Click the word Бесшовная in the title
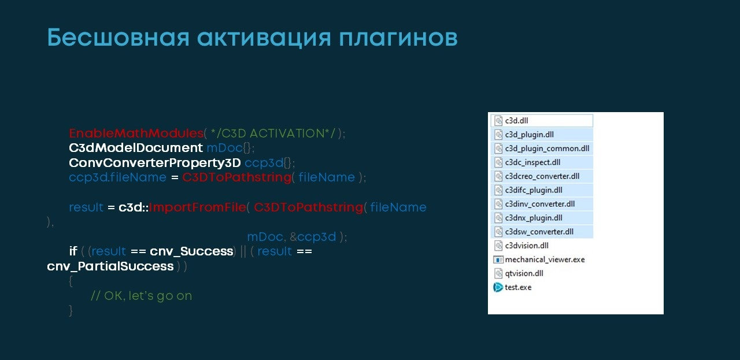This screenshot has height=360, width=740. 119,38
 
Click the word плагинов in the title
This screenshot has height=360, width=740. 398,38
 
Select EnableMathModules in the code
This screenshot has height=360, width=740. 136,133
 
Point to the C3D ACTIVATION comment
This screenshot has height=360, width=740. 273,133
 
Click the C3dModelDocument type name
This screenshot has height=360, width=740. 136,147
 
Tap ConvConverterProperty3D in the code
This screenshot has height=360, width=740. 155,162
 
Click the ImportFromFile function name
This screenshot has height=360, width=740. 198,207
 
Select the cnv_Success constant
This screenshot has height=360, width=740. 191,251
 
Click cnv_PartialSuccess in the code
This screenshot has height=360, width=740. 110,266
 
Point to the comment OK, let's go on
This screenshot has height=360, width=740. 142,296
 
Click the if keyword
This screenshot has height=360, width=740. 73,251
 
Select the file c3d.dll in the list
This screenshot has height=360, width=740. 516,121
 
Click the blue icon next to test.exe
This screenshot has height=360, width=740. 498,287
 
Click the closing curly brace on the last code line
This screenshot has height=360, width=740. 71,310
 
